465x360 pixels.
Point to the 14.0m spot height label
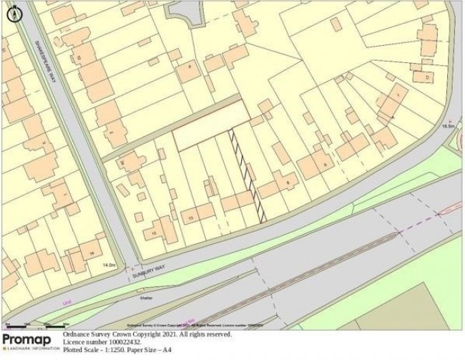[109, 265]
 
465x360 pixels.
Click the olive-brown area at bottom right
[429, 308]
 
